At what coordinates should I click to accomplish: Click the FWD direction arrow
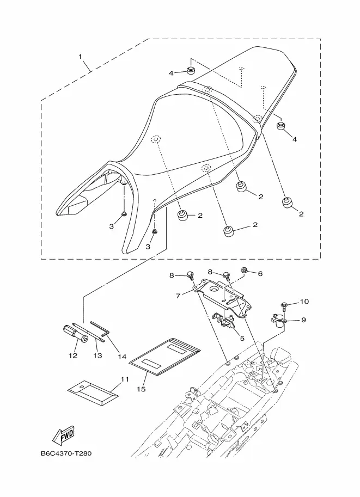click(63, 434)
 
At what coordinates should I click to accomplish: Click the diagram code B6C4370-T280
click(66, 453)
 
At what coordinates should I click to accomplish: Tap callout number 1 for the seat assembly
click(81, 57)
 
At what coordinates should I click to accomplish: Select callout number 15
click(142, 389)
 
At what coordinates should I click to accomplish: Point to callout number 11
click(125, 379)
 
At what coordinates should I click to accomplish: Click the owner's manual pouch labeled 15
click(166, 357)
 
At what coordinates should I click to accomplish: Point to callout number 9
click(303, 320)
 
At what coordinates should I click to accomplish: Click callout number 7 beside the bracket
click(178, 296)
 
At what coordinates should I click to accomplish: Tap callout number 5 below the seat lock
click(242, 338)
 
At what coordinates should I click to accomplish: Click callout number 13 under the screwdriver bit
click(97, 355)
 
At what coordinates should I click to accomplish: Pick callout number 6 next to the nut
click(260, 273)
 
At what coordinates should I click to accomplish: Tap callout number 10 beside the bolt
click(304, 301)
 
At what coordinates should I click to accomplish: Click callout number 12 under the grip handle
click(73, 355)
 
